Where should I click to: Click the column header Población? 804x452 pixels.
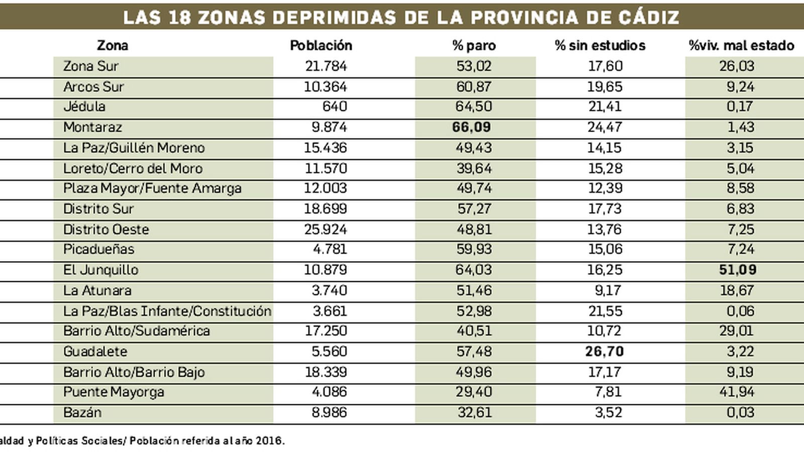click(321, 45)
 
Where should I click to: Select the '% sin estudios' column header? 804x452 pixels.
click(600, 45)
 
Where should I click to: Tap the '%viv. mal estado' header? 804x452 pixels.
click(741, 45)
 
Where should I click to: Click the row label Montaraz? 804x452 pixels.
click(92, 127)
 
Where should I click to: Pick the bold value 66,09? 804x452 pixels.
click(471, 127)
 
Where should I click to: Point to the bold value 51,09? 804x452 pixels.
click(737, 270)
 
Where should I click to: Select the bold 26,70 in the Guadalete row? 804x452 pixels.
click(604, 351)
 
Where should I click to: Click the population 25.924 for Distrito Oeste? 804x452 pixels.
click(325, 229)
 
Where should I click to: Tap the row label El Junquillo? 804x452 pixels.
click(100, 270)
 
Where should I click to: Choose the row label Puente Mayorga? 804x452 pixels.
click(114, 392)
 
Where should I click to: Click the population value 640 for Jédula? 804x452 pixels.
click(334, 106)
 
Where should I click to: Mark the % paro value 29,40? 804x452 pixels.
click(474, 392)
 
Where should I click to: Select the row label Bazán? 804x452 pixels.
click(82, 412)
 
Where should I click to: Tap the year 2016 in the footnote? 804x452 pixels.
click(269, 441)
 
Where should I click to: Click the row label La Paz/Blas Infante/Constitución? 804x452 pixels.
click(167, 311)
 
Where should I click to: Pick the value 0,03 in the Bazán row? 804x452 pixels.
click(740, 412)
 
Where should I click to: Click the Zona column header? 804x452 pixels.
click(112, 45)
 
